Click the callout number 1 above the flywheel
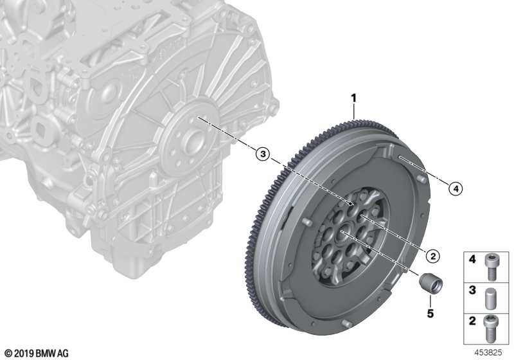[x=353, y=98]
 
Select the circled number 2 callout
[x=432, y=256]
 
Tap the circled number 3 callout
[x=263, y=154]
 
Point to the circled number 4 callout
[x=456, y=188]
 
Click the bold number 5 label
[x=430, y=314]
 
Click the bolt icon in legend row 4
[x=491, y=267]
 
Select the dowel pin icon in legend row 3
[x=491, y=298]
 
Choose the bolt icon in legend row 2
[x=491, y=328]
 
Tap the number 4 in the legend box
[x=472, y=260]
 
